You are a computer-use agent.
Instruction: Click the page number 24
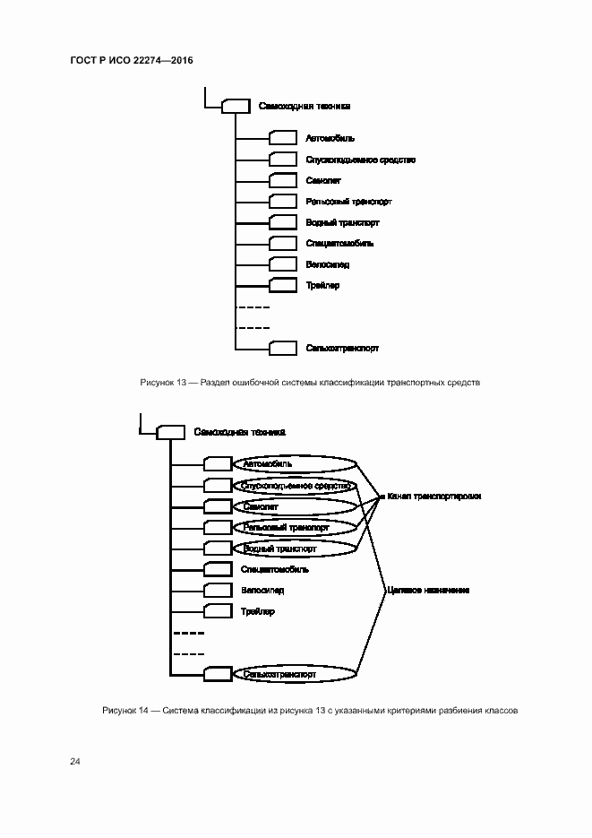[x=75, y=761]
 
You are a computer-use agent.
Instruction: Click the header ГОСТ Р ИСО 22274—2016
[x=132, y=60]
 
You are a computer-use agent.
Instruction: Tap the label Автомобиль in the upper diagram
[x=330, y=138]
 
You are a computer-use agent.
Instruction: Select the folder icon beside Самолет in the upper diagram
[x=282, y=180]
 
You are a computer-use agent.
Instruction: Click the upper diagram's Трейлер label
[x=322, y=285]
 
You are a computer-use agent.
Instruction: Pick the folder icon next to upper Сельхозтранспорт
[x=282, y=348]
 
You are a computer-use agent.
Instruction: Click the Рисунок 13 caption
[x=310, y=382]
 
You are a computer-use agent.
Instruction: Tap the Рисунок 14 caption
[x=310, y=710]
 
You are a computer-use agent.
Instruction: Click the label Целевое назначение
[x=428, y=591]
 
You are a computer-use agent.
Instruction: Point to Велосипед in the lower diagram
[x=262, y=590]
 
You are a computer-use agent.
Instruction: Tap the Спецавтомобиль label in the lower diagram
[x=275, y=568]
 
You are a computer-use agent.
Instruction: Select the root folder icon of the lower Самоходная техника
[x=169, y=432]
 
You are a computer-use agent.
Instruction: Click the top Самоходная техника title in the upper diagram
[x=304, y=106]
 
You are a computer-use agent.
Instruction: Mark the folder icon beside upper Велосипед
[x=282, y=264]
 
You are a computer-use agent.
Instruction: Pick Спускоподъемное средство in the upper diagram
[x=360, y=160]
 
